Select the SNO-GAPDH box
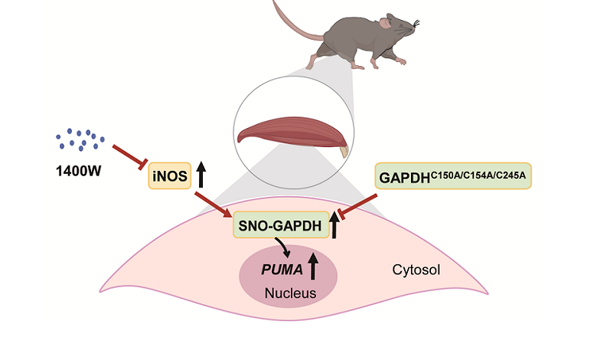pos(281,224)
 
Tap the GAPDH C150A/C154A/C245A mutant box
pos(454,177)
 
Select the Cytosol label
pos(416,269)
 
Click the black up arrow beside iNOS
pos(201,174)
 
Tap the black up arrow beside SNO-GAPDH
pos(334,226)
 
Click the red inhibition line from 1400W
pos(130,155)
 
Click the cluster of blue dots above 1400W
pos(80,139)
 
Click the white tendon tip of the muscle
pos(343,152)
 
